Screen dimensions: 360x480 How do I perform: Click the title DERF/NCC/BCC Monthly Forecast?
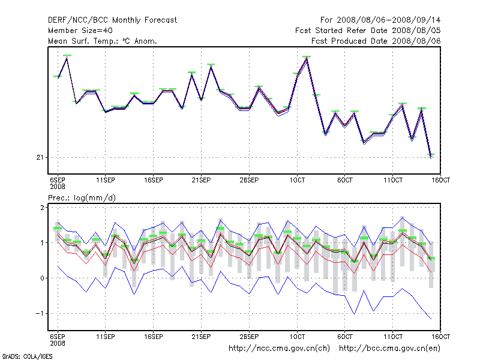tap(112, 20)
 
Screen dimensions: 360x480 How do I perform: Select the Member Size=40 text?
tap(80, 30)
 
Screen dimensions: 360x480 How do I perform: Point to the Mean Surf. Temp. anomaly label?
tap(103, 41)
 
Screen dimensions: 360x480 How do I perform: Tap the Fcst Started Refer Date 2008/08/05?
tap(368, 30)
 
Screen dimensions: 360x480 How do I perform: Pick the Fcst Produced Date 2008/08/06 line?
tap(376, 41)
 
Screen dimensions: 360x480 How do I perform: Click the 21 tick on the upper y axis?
tap(40, 157)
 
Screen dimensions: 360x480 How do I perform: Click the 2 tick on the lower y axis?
tap(43, 208)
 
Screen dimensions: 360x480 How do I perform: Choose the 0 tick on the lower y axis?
tap(43, 278)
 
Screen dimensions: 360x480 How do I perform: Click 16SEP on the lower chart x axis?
tap(154, 336)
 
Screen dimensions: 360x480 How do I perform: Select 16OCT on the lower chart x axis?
tap(441, 336)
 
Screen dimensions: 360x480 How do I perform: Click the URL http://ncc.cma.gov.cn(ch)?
tap(280, 348)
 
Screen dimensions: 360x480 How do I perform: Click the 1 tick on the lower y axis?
tap(43, 243)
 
